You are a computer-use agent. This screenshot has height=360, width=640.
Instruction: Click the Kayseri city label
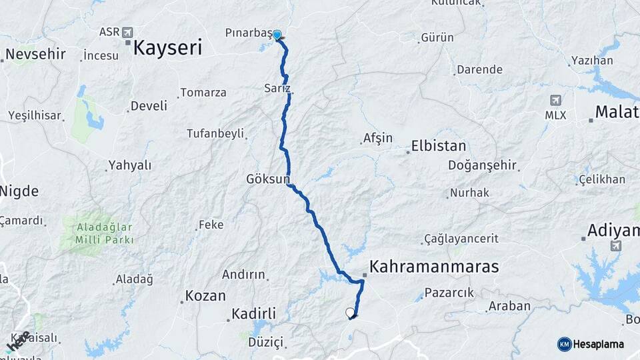pos(167,47)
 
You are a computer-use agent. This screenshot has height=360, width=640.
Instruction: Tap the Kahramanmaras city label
pos(434,267)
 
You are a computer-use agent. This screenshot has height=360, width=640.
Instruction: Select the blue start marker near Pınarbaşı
pos(277,35)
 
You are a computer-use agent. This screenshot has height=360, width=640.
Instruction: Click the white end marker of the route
pos(351,312)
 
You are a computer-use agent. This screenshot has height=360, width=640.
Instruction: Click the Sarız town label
pos(277,88)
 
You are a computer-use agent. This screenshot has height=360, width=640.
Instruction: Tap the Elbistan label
pos(439,146)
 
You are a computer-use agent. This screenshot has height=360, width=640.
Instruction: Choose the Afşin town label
pos(377,139)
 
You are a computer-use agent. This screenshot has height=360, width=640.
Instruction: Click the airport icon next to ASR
pos(128,32)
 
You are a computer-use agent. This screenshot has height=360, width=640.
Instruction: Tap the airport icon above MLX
pos(555,100)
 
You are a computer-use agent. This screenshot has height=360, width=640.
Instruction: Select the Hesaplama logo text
pos(599,344)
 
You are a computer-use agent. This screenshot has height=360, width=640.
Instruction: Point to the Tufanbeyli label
pos(216,133)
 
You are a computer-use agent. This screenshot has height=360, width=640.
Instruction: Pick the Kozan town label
pos(205,295)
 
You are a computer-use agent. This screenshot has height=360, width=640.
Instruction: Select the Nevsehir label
pos(36,54)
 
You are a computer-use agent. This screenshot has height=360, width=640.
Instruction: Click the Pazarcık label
pos(449,292)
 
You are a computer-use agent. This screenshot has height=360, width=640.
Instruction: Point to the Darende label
pos(479,69)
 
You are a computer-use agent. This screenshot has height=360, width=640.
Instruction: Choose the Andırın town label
pos(243,274)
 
